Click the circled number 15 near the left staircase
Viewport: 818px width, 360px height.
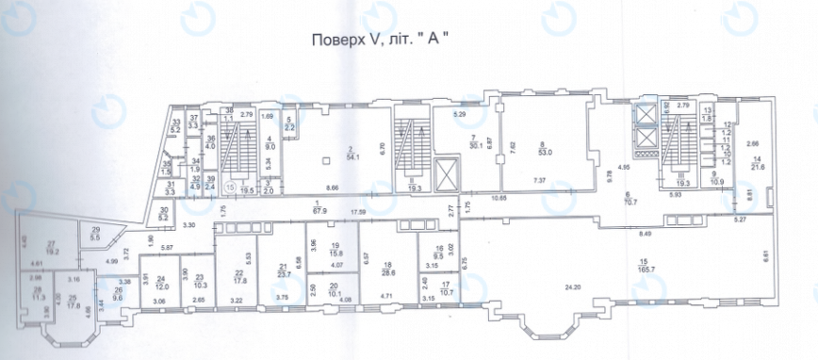click(x=228, y=186)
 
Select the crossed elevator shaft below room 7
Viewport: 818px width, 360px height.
click(x=445, y=174)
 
